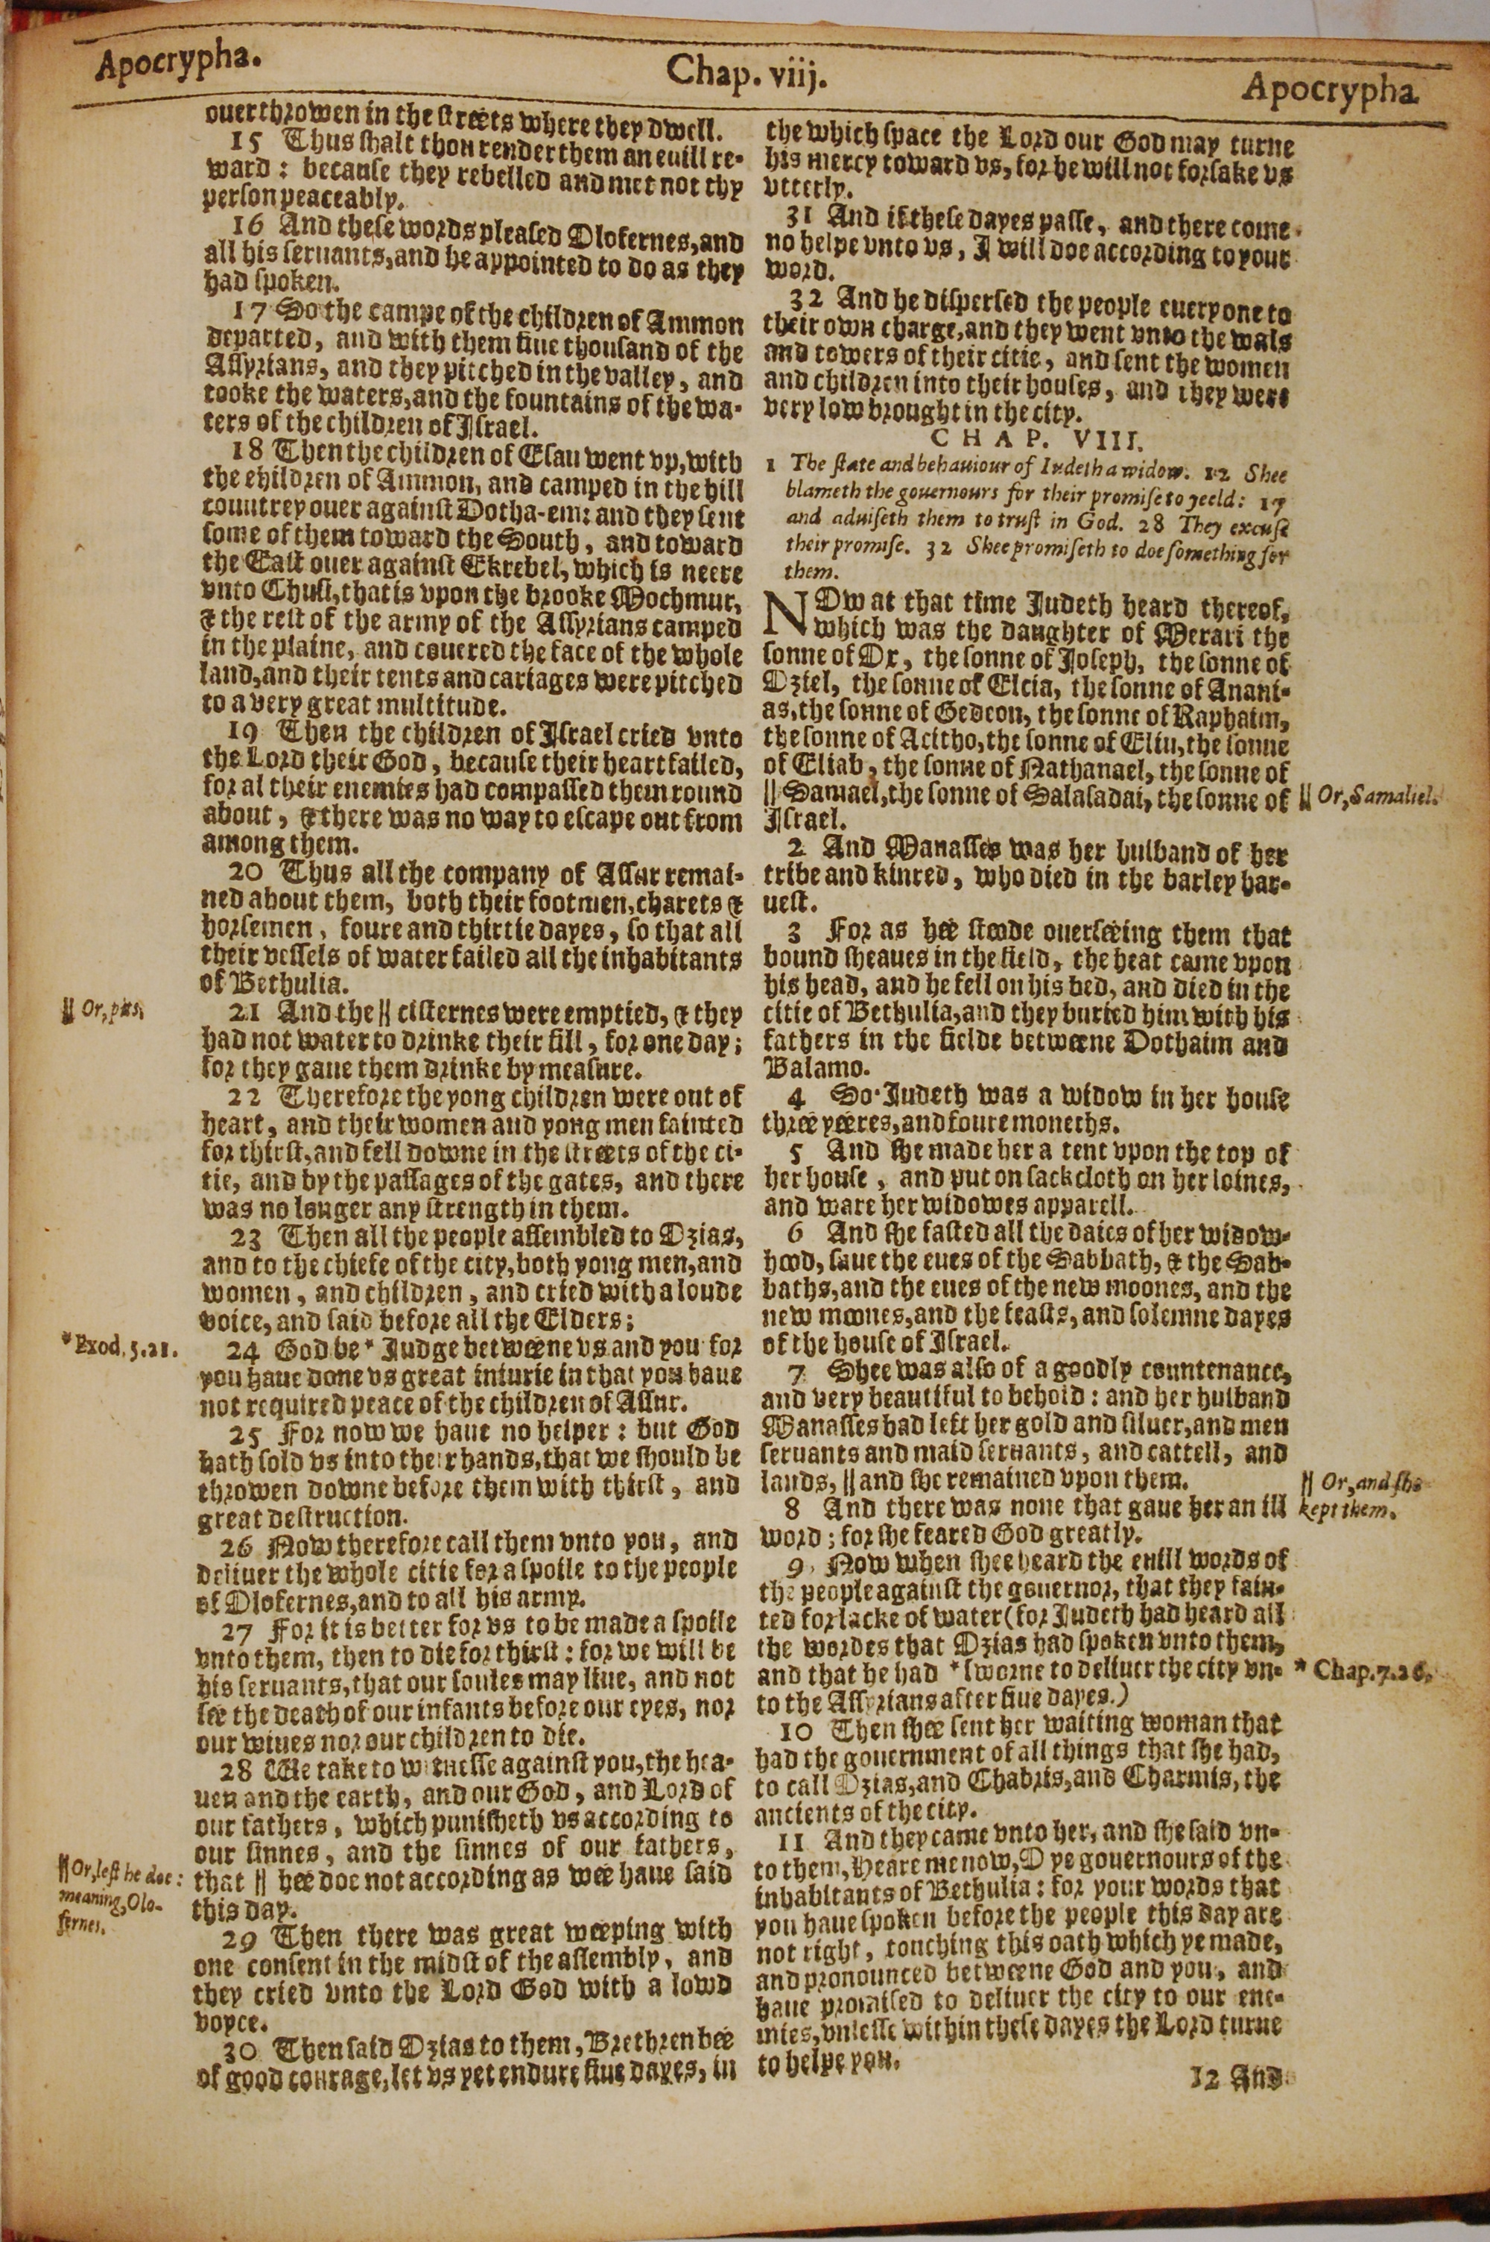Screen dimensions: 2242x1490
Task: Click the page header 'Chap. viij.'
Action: click(x=746, y=72)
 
